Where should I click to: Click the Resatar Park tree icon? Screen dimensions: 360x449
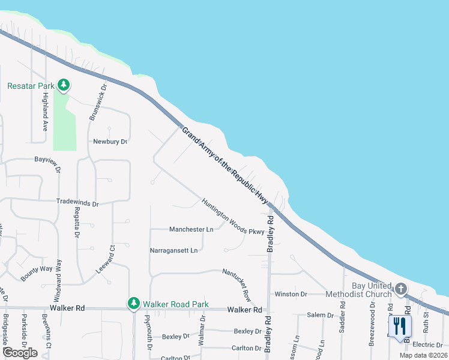click(x=63, y=86)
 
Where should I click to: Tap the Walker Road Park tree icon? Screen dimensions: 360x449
click(x=133, y=304)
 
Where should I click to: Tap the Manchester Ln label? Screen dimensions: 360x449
click(x=191, y=229)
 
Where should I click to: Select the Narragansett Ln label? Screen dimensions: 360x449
click(x=173, y=250)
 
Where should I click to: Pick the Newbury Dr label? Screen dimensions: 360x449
click(x=110, y=142)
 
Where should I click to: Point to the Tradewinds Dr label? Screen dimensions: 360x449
click(x=77, y=203)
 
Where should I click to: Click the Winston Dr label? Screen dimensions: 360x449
click(x=291, y=294)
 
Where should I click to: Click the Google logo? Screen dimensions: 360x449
click(x=20, y=353)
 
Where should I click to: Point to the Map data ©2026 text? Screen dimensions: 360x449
click(x=423, y=355)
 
